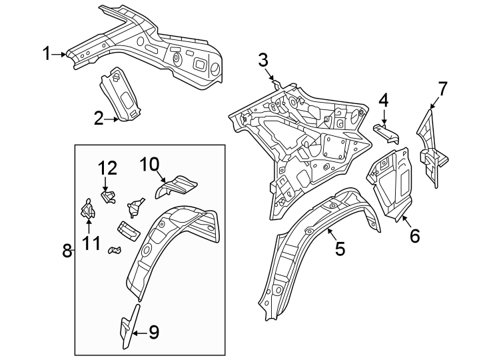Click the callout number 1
click(x=47, y=54)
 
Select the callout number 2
click(x=99, y=119)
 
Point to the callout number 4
click(x=383, y=101)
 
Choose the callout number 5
click(x=340, y=249)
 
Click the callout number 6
click(x=414, y=236)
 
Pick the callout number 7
click(x=442, y=88)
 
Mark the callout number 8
click(x=67, y=251)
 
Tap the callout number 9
click(x=153, y=331)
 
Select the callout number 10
click(x=149, y=163)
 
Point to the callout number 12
click(x=107, y=169)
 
